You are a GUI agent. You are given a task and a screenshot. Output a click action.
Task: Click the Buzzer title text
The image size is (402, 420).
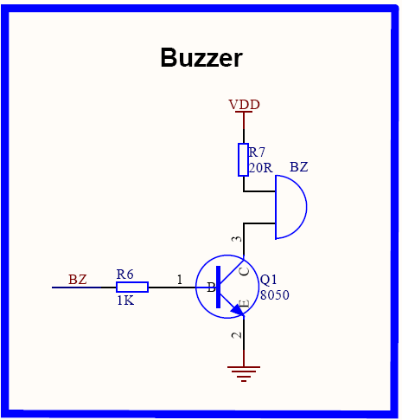coord(201,57)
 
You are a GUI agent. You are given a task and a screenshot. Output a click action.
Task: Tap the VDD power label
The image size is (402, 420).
coord(244,104)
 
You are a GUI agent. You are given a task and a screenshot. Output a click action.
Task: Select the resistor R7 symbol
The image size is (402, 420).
coord(244,159)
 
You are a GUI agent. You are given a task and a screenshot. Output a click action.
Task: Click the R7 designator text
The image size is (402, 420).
coord(257,152)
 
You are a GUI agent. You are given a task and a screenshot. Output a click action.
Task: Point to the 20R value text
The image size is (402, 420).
coord(260,168)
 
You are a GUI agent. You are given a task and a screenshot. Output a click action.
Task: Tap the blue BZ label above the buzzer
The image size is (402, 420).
coord(299,167)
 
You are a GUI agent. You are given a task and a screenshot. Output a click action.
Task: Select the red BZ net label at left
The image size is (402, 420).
coord(78,280)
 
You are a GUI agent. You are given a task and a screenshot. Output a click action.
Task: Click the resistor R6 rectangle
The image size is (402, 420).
coord(132,288)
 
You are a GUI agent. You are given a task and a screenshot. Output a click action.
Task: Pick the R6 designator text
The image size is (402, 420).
coord(124,275)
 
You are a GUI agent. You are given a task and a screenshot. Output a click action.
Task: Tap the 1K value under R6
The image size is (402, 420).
coord(125,300)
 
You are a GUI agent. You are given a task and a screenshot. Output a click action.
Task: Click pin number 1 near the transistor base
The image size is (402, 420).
coord(180,280)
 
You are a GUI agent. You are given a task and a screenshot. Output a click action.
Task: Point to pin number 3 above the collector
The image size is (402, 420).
coord(237,239)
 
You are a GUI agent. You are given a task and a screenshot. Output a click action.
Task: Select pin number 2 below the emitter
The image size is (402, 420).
coord(237,335)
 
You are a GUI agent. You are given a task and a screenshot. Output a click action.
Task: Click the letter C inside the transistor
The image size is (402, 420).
coord(245,271)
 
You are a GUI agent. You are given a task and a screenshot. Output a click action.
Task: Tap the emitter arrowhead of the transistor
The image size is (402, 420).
coord(239,310)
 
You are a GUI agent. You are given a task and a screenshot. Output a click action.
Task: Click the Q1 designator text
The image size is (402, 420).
coord(268,280)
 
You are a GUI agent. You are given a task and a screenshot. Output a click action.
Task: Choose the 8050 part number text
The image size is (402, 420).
coord(275,295)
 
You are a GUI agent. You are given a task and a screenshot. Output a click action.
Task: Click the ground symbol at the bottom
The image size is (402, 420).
coord(244,374)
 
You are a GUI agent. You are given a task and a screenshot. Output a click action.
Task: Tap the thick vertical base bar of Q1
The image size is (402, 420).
coord(219,287)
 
